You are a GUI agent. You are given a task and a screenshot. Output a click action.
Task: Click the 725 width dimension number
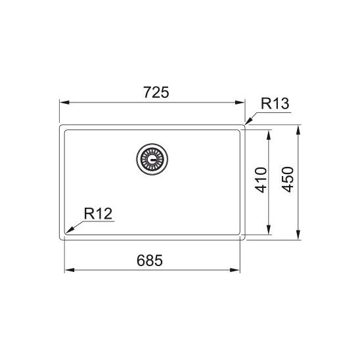(156, 92)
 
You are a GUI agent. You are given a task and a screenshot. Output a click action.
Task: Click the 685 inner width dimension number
(150, 260)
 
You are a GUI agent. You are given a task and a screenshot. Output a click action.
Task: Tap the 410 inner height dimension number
(261, 180)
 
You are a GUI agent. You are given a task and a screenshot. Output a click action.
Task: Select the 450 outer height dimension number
(288, 179)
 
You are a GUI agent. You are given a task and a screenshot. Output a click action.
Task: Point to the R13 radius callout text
(275, 104)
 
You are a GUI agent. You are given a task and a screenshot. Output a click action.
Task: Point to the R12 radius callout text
(98, 214)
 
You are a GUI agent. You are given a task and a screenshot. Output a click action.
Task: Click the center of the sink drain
(152, 159)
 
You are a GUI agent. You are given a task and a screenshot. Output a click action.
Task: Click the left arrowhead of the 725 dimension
(64, 102)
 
